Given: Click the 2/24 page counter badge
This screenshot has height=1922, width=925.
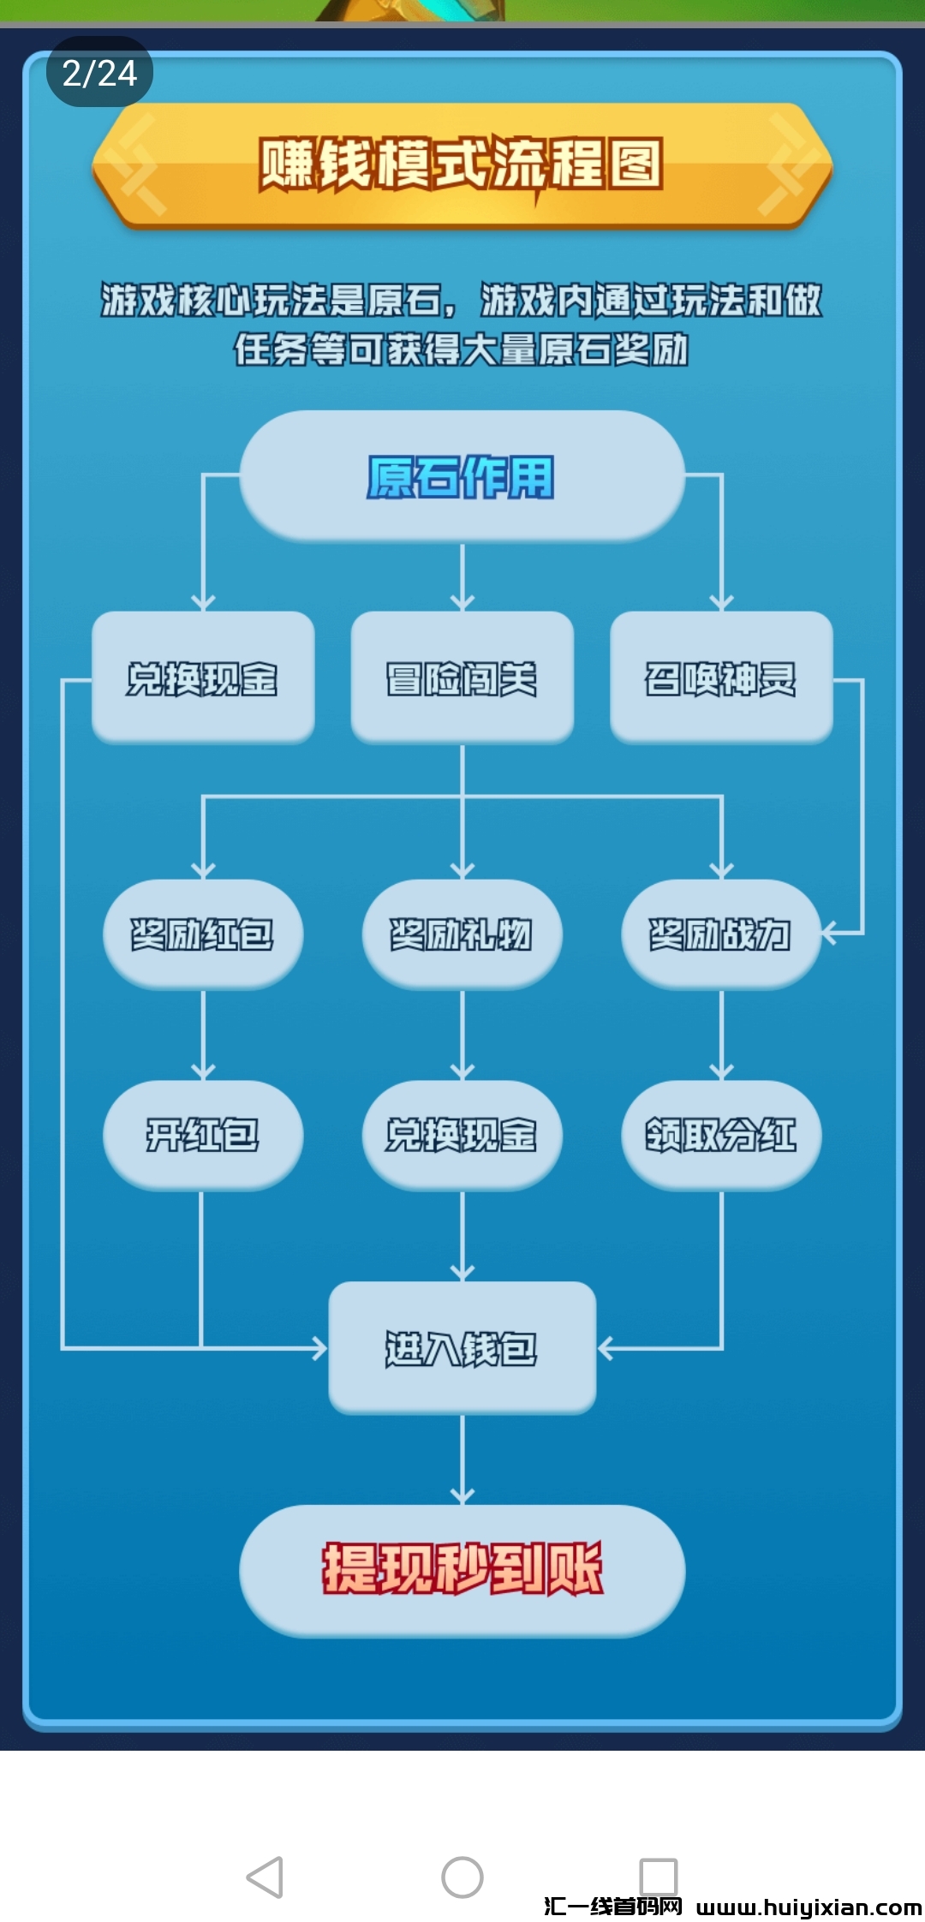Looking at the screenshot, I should pyautogui.click(x=99, y=73).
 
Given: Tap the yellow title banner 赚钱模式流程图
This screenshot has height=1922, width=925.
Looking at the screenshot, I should pyautogui.click(x=462, y=164).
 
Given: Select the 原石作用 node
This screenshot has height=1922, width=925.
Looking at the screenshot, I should pyautogui.click(x=462, y=476).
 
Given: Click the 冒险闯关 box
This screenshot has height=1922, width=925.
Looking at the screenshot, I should pyautogui.click(x=462, y=677).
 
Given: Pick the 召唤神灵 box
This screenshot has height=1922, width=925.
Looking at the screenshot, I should pyautogui.click(x=720, y=677).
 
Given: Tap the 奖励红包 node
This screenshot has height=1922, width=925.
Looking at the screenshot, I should pyautogui.click(x=202, y=934).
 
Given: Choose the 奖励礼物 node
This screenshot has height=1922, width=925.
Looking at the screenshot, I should pyautogui.click(x=462, y=934).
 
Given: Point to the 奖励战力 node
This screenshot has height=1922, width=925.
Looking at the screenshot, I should pyautogui.click(x=720, y=934).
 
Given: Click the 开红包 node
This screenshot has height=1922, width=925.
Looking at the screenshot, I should pyautogui.click(x=202, y=1135).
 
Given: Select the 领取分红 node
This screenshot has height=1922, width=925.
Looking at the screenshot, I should pyautogui.click(x=720, y=1135).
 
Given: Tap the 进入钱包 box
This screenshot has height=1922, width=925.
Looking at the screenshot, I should pyautogui.click(x=462, y=1348).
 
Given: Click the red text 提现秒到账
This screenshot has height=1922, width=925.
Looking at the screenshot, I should pyautogui.click(x=462, y=1569).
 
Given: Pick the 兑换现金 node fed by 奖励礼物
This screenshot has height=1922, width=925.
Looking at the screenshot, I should pyautogui.click(x=462, y=1135).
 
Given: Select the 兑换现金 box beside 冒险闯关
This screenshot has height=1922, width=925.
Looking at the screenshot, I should pyautogui.click(x=202, y=677).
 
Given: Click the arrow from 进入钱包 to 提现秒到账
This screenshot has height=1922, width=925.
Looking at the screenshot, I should pyautogui.click(x=462, y=1459).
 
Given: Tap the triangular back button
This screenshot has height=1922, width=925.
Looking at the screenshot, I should pyautogui.click(x=266, y=1877).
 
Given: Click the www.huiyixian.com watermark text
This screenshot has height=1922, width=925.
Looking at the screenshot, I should pyautogui.click(x=808, y=1907).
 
